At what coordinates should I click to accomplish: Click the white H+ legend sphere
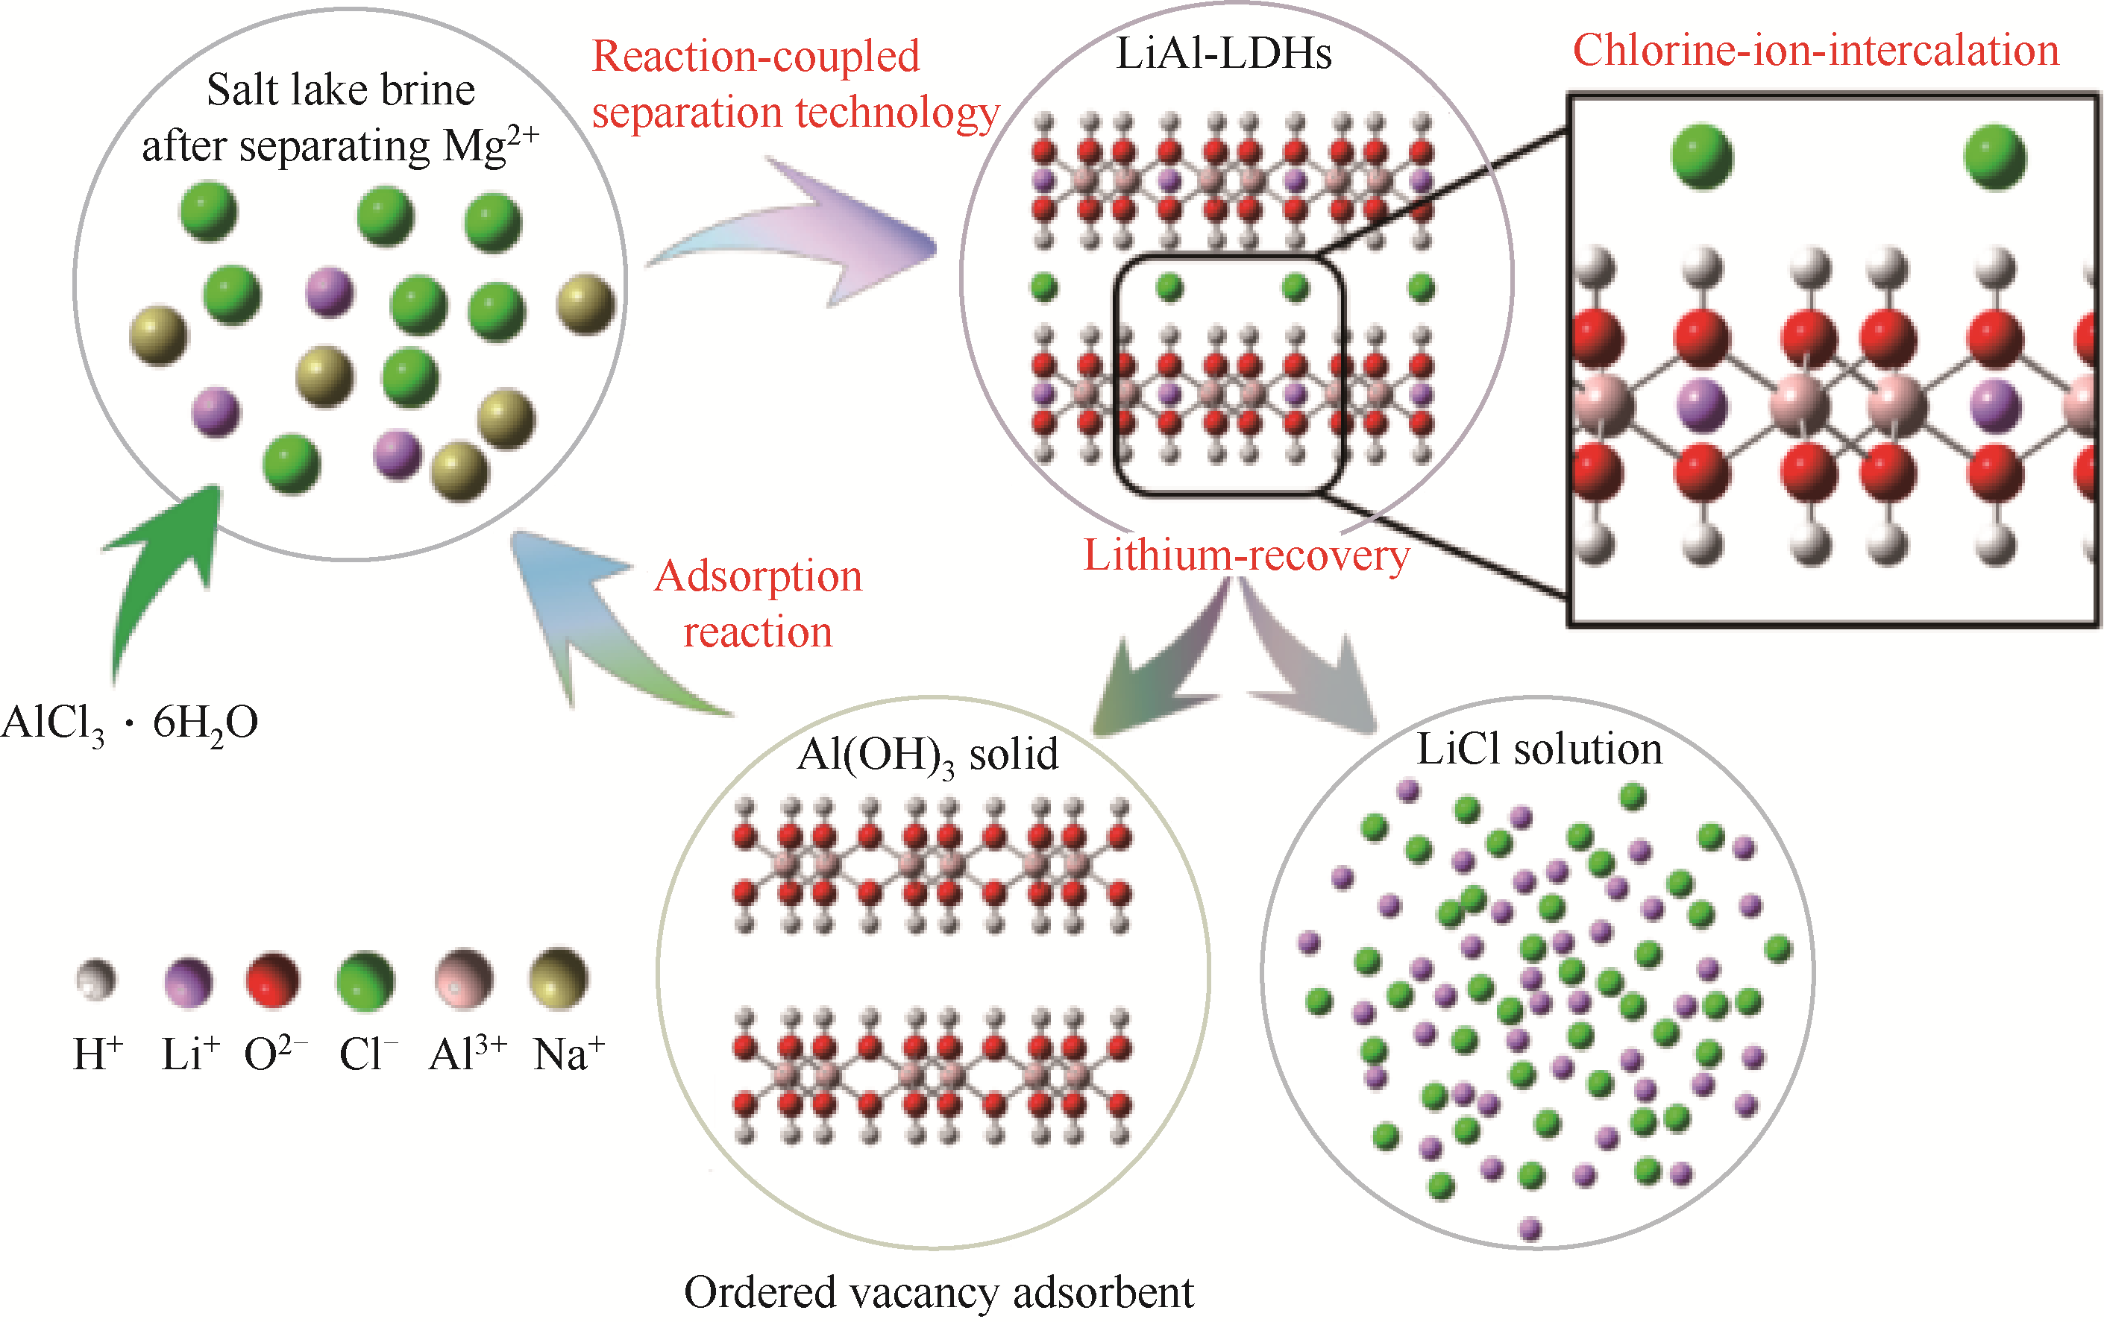click(96, 980)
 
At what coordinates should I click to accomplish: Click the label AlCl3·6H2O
click(129, 724)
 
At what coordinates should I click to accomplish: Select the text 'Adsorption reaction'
click(759, 603)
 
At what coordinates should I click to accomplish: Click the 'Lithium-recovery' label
click(1246, 555)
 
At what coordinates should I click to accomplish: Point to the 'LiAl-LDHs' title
click(1223, 54)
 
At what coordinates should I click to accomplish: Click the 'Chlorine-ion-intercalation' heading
click(1815, 51)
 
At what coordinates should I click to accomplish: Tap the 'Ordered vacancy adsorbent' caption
click(938, 1292)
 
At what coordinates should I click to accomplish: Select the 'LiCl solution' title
click(1539, 749)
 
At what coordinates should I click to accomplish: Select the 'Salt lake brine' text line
click(341, 90)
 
